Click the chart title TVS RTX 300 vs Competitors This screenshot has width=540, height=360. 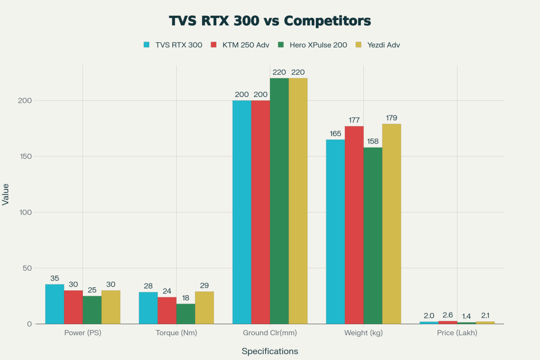click(269, 21)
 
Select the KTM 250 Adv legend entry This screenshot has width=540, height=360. click(240, 45)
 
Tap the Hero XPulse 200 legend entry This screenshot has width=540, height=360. click(312, 45)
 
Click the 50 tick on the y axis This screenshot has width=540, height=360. click(29, 268)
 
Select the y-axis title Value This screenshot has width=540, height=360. click(6, 194)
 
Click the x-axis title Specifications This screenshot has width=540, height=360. click(269, 351)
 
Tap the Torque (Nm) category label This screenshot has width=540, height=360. click(176, 333)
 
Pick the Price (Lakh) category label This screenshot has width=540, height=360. click(457, 333)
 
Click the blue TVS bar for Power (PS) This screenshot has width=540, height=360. click(55, 304)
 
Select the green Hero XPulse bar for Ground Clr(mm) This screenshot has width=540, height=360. click(279, 201)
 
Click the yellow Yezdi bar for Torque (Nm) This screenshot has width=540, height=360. click(204, 308)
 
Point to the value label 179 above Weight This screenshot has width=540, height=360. click(391, 118)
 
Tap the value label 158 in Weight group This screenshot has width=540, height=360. click(372, 141)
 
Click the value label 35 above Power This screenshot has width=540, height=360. click(55, 278)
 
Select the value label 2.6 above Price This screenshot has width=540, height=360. click(448, 315)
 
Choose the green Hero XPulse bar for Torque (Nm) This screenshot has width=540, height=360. click(186, 314)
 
